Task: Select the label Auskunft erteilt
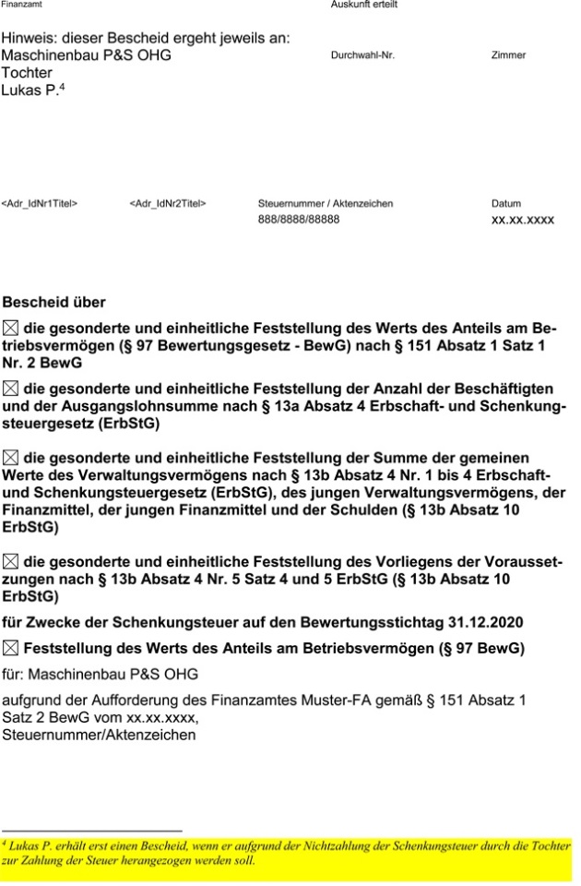pos(364,6)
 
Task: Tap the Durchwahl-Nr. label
pos(362,55)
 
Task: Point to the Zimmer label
pos(508,55)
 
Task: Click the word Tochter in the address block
pos(27,72)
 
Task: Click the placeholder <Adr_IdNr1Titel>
pos(40,204)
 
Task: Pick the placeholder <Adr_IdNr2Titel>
pos(168,204)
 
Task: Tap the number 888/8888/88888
pos(299,221)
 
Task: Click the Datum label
pos(505,204)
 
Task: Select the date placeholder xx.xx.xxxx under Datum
pos(522,221)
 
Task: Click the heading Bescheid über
pos(53,302)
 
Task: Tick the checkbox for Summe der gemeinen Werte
pos(10,457)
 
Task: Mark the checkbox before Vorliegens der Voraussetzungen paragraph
pos(10,560)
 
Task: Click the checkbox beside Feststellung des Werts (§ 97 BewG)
pos(10,648)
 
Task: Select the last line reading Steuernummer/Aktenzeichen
pos(99,736)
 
